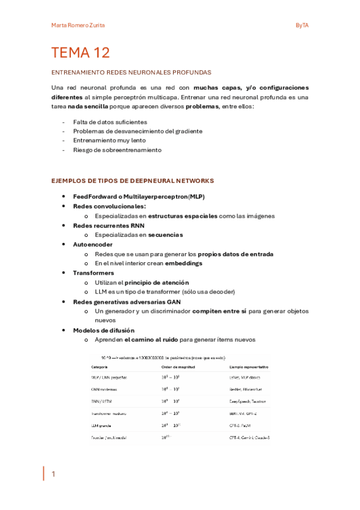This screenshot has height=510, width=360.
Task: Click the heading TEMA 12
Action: [81, 53]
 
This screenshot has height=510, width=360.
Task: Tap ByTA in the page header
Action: [302, 25]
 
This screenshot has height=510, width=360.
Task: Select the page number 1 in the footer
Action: [53, 474]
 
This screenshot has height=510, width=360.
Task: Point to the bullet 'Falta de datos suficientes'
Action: [110, 121]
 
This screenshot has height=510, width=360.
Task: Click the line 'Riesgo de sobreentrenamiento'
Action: [117, 150]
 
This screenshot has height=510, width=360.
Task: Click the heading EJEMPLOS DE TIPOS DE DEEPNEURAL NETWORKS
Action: [133, 180]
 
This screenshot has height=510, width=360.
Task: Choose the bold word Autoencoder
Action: [93, 245]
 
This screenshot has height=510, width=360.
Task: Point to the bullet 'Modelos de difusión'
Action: [103, 330]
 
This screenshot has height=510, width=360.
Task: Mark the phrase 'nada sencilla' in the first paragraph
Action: [88, 106]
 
